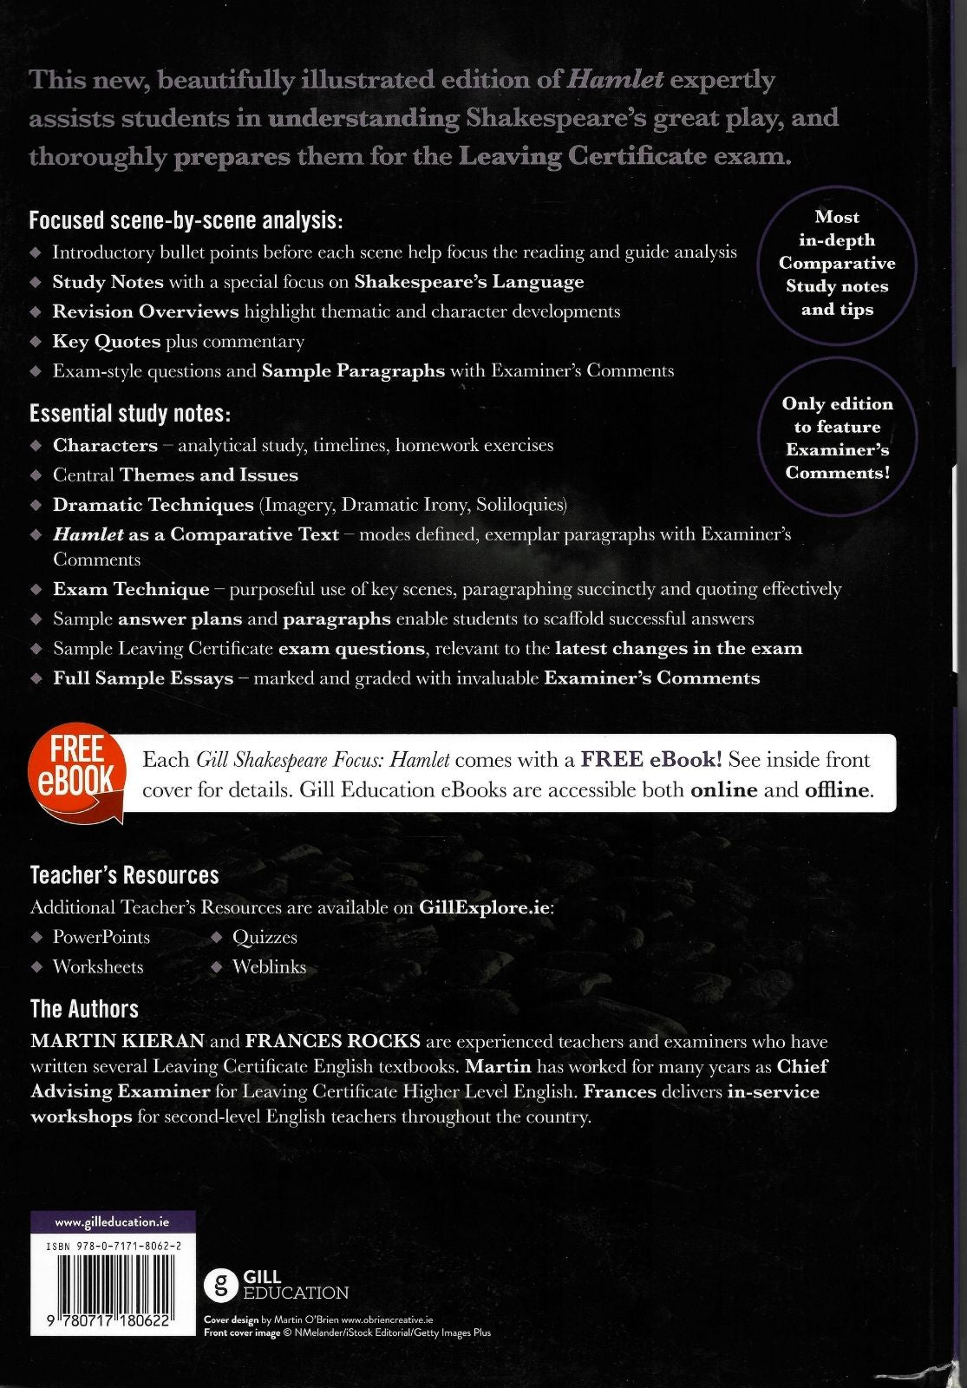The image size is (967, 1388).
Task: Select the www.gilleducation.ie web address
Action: tap(112, 1222)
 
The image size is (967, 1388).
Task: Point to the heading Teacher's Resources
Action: tap(124, 875)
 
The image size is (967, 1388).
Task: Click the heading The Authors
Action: tap(84, 1009)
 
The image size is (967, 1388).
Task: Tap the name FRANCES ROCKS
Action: tap(332, 1041)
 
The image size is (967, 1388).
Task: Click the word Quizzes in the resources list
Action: tap(265, 938)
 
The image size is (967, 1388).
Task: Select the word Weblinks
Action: tap(269, 967)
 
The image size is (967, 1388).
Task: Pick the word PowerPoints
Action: tap(101, 938)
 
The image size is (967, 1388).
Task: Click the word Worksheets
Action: tap(98, 967)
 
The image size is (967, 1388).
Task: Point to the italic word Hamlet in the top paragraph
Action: tap(615, 80)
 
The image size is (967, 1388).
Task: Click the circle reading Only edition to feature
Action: tap(837, 439)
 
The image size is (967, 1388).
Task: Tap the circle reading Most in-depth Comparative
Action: tap(837, 264)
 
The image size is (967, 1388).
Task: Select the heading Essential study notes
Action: tap(130, 414)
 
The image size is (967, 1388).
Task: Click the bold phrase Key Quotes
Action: tap(106, 342)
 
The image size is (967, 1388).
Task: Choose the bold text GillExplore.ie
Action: tap(485, 908)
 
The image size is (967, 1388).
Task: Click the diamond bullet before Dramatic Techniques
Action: tap(36, 505)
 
